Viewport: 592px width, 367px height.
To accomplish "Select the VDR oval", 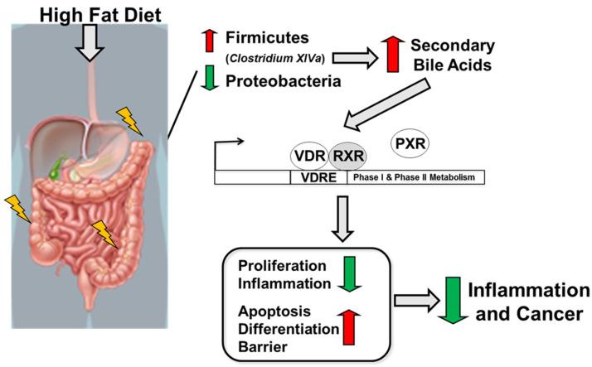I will tap(309, 154).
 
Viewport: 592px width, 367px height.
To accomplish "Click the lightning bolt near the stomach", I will tap(131, 120).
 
